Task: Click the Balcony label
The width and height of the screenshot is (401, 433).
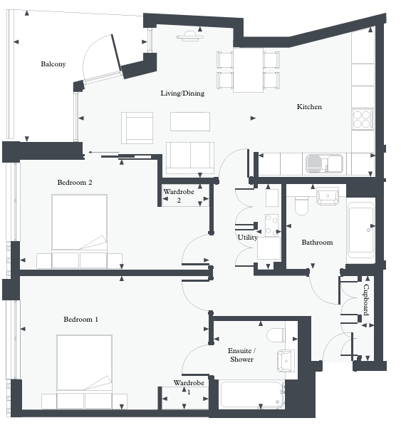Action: coord(53,64)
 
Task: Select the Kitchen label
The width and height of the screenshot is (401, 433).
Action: coord(309,107)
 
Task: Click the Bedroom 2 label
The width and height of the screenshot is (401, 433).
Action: coord(75,183)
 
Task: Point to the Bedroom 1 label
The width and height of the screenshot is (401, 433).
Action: coord(80,320)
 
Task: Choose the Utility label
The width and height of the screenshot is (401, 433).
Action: coord(247,238)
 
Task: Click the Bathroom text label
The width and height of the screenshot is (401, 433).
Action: coord(317,243)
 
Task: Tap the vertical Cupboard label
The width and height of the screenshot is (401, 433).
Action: coord(365,300)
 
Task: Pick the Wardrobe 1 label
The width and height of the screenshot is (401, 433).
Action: coord(189,387)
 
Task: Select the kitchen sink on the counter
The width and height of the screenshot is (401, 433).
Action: coord(324,164)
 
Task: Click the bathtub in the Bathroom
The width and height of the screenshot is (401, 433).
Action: coord(361,230)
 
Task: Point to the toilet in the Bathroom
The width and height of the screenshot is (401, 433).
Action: coord(301,205)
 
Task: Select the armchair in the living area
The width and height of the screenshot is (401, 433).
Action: coord(137,127)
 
